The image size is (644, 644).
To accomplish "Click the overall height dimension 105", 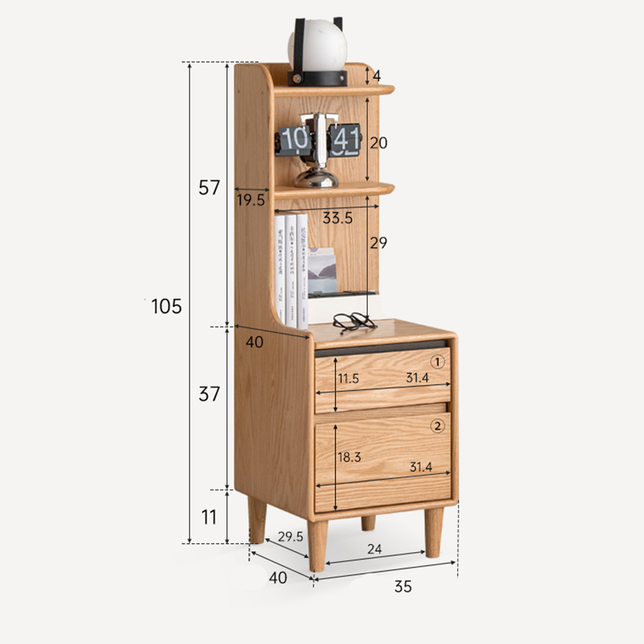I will point(167,307).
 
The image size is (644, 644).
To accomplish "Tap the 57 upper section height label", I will point(208,188).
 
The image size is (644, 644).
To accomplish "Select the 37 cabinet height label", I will point(209,394).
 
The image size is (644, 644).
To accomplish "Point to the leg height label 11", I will point(208,517).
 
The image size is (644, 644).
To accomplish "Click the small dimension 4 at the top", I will point(377,75).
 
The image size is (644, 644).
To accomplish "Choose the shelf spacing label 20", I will point(379,143).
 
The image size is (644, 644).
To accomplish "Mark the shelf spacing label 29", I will point(378,243).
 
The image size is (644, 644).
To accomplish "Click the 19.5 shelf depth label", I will point(250,201).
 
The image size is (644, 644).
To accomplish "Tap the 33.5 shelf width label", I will point(337,219).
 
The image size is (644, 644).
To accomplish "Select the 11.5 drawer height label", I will point(348,379).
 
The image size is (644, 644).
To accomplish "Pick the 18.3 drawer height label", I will point(348,457).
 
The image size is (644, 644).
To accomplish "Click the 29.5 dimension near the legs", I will point(291,537).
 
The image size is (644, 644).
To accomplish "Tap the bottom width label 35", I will point(403,587).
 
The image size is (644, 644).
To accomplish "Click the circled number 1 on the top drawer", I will point(438,362).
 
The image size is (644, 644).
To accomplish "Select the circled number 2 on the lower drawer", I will point(438,426).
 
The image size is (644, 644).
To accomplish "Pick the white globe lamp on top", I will point(317,44).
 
